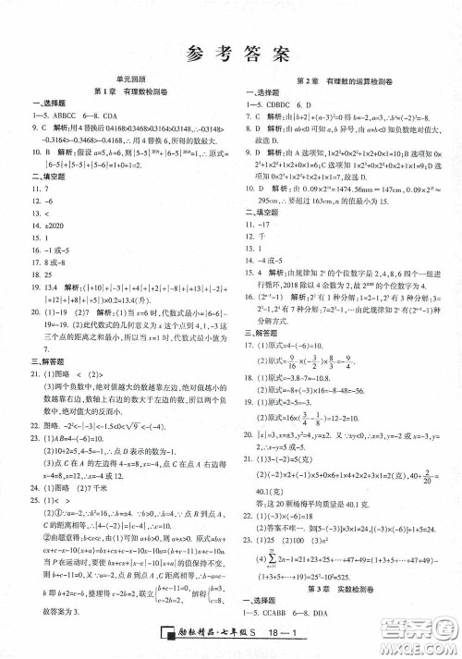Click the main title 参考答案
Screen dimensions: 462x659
230,52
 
